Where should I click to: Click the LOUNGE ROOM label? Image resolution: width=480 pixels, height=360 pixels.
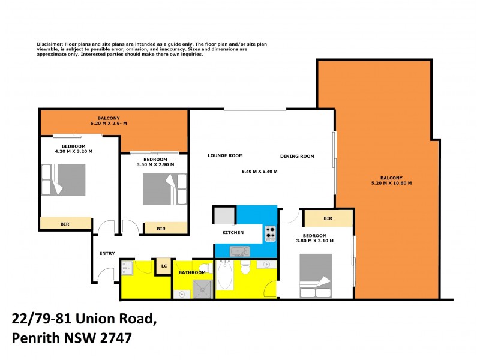point(225,155)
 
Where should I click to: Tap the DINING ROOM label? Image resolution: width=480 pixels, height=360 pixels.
point(297,157)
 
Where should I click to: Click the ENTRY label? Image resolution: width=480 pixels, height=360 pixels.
point(107,253)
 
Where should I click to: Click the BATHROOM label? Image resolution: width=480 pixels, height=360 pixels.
point(193,273)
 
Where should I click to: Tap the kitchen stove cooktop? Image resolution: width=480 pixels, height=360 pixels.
point(270,233)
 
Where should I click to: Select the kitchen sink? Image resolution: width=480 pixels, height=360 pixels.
point(240,251)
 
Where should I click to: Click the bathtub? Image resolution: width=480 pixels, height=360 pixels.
point(226,275)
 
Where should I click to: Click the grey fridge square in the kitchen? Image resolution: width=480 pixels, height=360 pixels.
point(224,214)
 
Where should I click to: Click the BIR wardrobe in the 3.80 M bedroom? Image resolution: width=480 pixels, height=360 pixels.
point(328,218)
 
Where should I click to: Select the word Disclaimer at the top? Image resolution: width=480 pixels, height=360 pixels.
point(50,44)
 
